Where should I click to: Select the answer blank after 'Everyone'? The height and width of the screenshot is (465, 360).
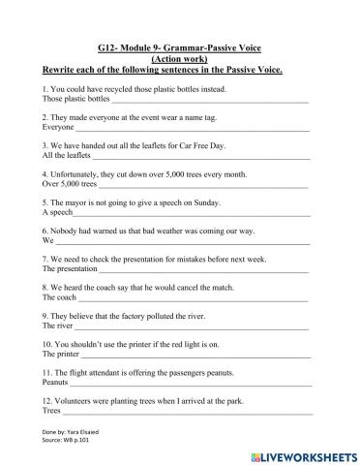[194, 128]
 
